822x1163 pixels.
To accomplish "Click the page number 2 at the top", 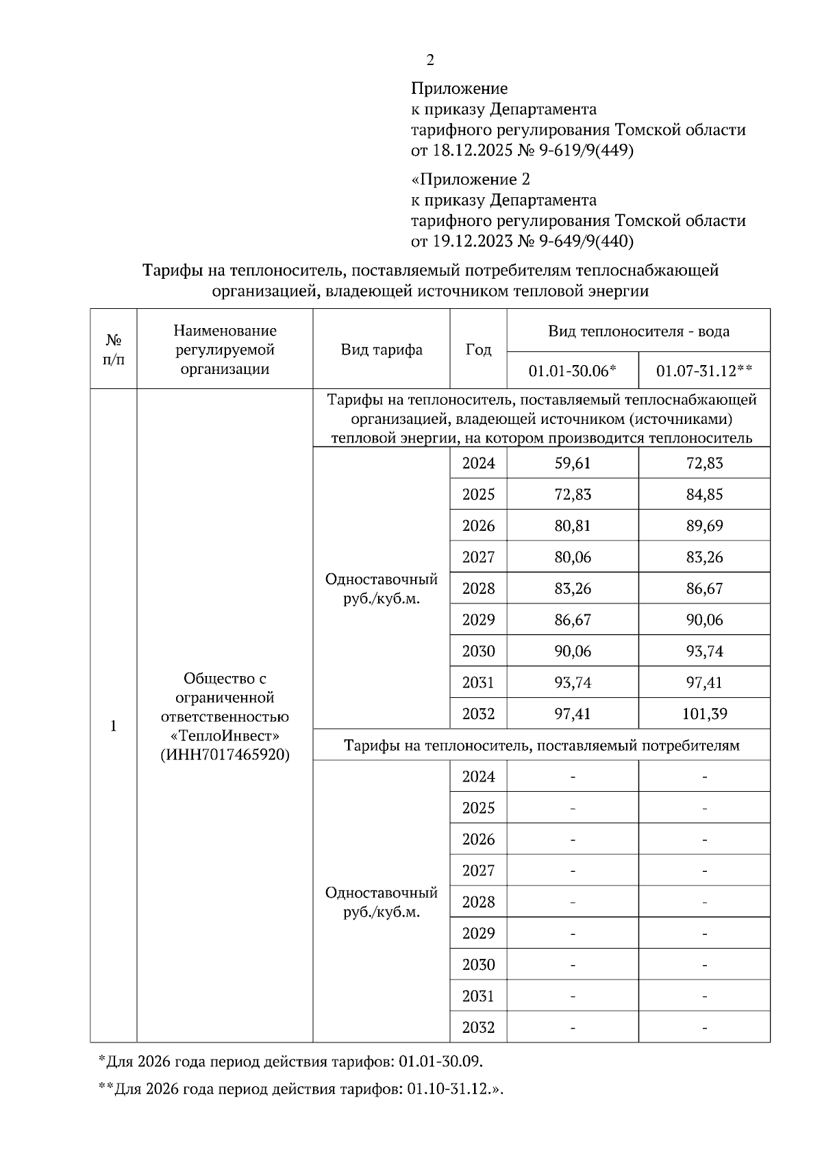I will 430,60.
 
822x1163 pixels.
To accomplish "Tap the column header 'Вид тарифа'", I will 382,350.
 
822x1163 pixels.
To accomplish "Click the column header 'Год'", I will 478,350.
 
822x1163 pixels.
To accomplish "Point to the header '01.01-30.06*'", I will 573,371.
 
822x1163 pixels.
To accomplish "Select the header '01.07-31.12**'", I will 704,371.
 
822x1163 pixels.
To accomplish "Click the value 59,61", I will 573,463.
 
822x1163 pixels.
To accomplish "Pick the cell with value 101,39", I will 704,714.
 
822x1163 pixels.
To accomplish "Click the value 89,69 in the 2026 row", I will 704,526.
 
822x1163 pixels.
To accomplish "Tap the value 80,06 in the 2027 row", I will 573,558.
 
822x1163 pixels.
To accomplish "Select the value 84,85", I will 704,495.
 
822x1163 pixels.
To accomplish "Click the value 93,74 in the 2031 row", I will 573,683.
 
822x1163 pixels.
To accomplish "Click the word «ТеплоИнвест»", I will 225,736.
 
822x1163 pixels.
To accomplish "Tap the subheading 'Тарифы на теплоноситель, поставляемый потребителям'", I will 541,745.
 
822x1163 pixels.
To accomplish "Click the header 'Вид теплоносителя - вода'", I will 638,332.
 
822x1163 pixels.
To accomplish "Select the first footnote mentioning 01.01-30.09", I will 291,1062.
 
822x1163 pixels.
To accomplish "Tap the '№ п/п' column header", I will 114,349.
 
